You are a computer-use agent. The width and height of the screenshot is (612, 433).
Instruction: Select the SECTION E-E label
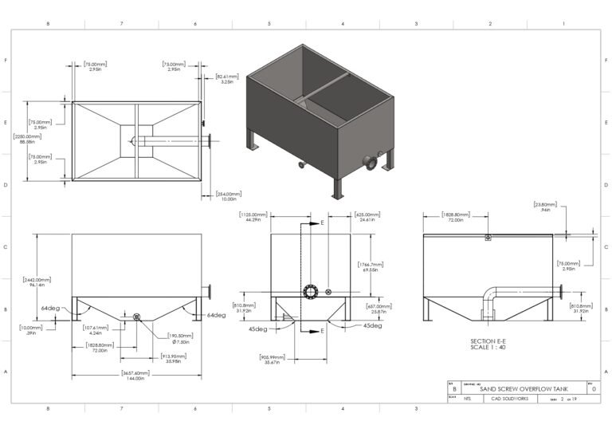pyautogui.click(x=490, y=340)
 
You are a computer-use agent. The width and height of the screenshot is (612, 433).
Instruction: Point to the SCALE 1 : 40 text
pyautogui.click(x=490, y=348)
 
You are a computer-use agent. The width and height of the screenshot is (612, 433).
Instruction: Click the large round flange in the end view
pyautogui.click(x=310, y=293)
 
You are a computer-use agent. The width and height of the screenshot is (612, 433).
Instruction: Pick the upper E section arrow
pyautogui.click(x=315, y=224)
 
